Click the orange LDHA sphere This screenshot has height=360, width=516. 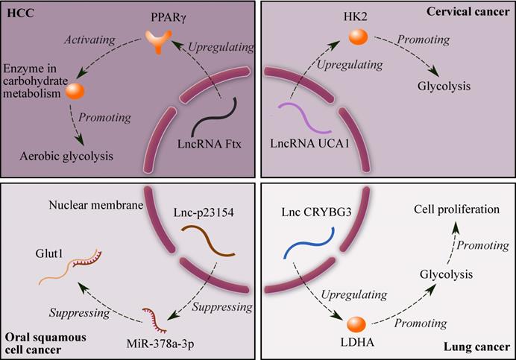[x=357, y=324]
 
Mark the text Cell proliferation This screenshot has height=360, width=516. [x=456, y=210]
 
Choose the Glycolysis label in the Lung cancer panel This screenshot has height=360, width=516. [x=444, y=274]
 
